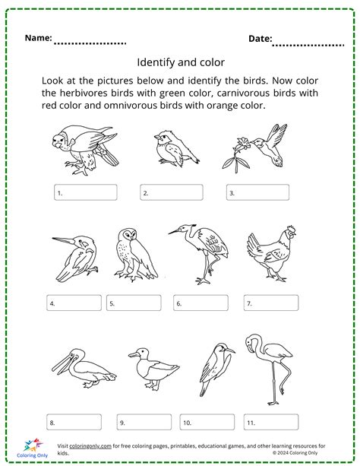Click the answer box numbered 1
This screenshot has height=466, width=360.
click(x=85, y=192)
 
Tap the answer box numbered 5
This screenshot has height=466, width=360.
click(x=134, y=303)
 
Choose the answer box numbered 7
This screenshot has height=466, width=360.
click(x=268, y=303)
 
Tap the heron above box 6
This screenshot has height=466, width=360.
click(x=200, y=252)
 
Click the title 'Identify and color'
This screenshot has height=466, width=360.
click(x=179, y=64)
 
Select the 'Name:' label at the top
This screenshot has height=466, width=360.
click(x=39, y=38)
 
